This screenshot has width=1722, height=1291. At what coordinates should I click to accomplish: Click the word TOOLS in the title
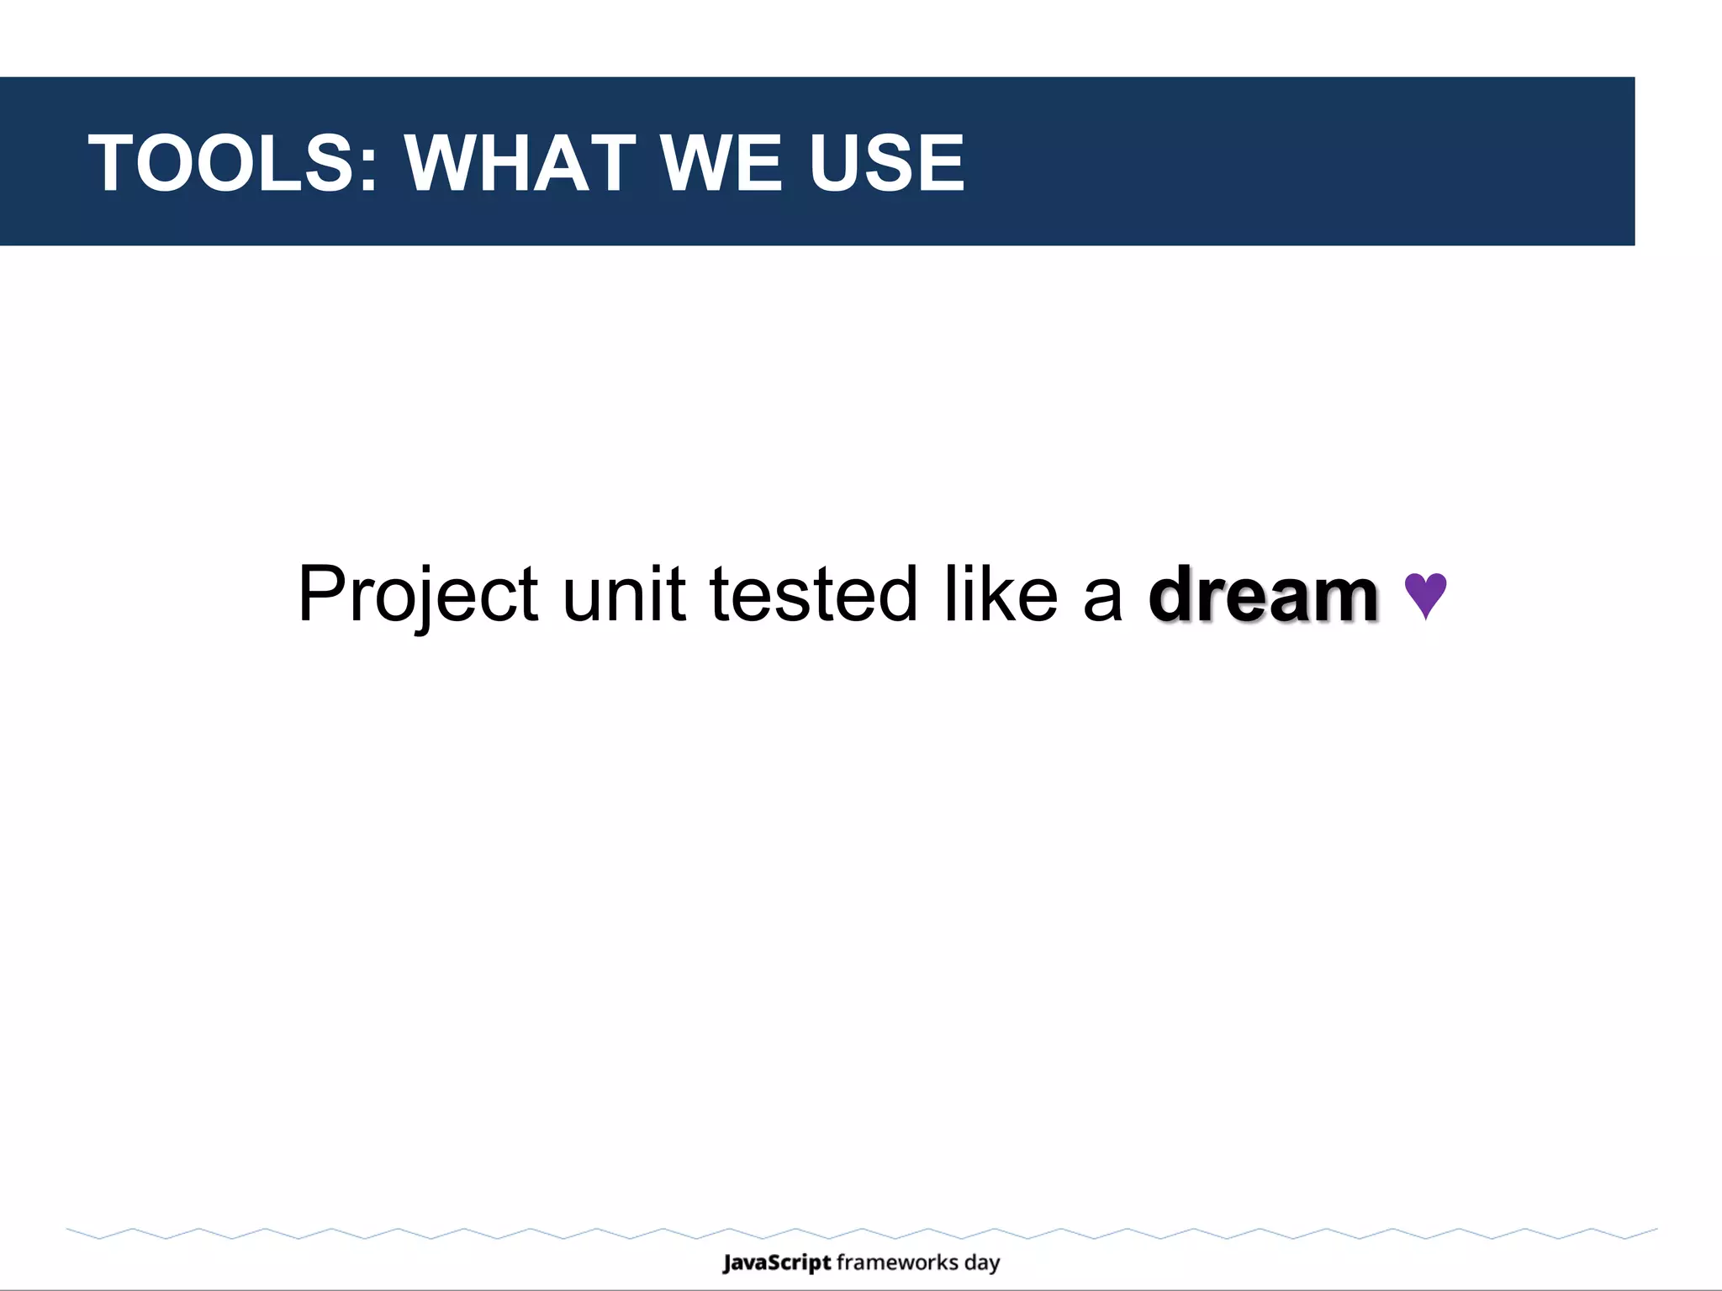coord(223,163)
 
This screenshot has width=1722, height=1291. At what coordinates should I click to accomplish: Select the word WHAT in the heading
coord(520,163)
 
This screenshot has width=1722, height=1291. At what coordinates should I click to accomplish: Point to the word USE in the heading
coord(886,163)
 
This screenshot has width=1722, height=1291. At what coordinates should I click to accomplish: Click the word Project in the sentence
coord(417,595)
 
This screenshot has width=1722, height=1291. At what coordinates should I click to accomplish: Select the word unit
coord(623,595)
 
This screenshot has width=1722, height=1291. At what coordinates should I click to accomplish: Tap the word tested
coord(813,595)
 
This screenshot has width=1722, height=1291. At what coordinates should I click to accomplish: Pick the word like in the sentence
coord(1000,595)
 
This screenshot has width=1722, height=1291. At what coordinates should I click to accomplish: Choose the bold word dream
coord(1263,595)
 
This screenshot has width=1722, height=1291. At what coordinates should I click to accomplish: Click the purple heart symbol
coord(1425,595)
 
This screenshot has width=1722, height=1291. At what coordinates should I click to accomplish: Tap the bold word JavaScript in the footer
coord(777,1263)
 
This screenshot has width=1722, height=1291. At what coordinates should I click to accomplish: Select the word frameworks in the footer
coord(897,1262)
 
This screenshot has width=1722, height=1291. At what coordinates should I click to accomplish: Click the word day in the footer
coord(982,1263)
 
